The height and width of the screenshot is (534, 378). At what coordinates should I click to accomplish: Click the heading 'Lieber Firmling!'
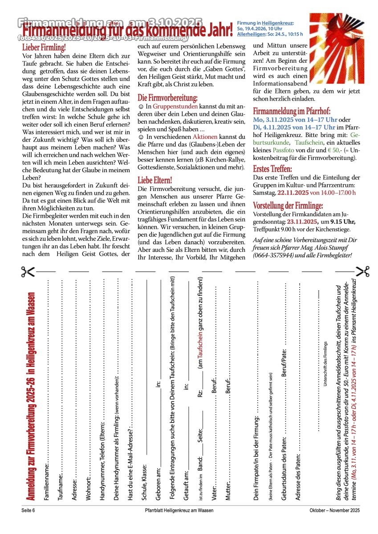pos(44,47)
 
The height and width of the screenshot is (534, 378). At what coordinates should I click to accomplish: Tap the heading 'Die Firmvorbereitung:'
pos(167,98)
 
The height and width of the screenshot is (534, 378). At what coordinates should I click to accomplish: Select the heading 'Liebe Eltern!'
pos(154,181)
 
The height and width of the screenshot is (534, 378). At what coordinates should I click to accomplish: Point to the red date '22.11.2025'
pos(293,193)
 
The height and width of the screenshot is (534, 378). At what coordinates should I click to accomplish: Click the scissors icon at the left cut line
pos(28,271)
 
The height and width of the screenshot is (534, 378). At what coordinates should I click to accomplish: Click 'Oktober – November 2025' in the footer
pos(334,510)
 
